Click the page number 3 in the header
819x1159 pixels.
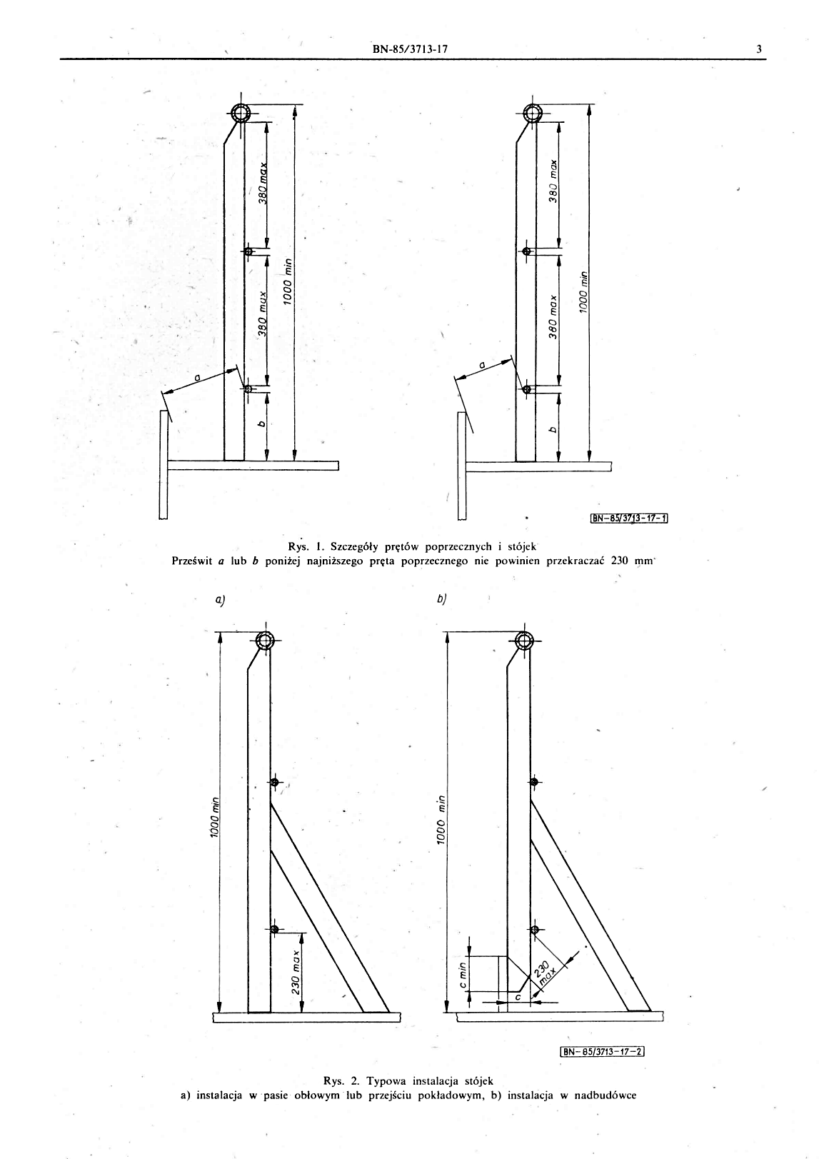coord(760,49)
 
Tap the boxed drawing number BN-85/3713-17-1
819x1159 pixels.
coord(628,518)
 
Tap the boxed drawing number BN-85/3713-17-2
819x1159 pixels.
coord(603,1051)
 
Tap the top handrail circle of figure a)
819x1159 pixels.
coord(265,640)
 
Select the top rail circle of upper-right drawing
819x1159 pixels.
coord(533,113)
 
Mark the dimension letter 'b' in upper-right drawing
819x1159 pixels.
coord(552,429)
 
